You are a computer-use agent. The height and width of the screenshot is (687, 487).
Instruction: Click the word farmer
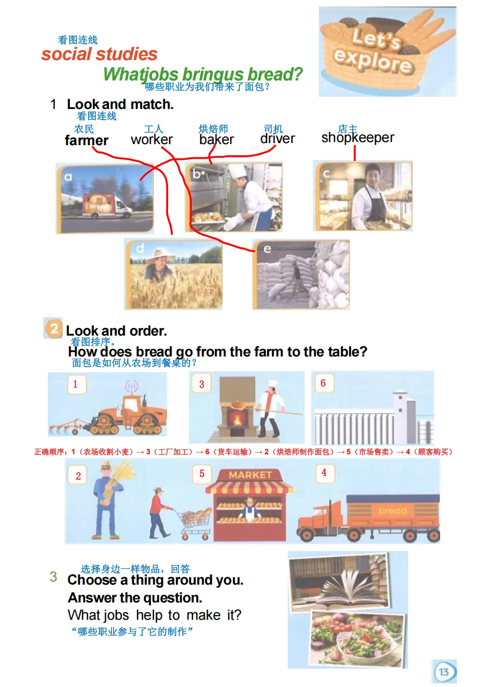(87, 141)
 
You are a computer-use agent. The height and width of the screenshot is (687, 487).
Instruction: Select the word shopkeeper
(358, 138)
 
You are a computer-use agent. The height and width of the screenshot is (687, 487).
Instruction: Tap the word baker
(217, 140)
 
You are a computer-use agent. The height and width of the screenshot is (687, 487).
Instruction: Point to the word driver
(278, 139)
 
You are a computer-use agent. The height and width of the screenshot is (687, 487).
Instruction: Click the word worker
(152, 140)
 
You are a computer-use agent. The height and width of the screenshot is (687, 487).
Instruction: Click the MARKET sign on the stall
(250, 475)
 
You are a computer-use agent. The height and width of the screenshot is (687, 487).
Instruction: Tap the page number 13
(444, 672)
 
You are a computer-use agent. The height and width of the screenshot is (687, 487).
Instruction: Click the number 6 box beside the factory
(323, 383)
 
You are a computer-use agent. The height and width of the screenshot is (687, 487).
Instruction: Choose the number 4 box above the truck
(324, 473)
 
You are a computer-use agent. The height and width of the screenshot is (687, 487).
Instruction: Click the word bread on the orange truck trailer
(392, 510)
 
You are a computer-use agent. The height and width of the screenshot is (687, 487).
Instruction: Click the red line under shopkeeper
(355, 153)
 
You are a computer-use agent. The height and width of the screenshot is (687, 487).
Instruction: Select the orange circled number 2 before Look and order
(53, 328)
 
